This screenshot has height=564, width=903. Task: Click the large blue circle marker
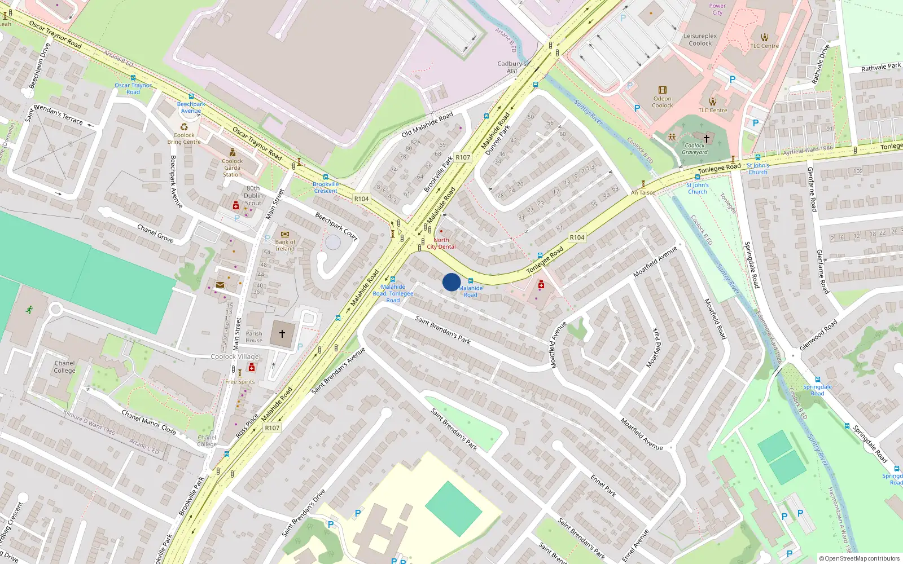[451, 282]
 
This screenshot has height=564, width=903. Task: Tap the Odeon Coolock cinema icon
[663, 90]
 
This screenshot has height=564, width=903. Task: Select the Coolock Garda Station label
[232, 168]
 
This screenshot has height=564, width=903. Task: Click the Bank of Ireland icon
[285, 234]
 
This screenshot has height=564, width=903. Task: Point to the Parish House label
[254, 337]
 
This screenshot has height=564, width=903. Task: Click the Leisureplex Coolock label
[700, 39]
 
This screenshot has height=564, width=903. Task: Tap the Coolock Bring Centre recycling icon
[184, 127]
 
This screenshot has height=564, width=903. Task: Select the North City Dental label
[441, 243]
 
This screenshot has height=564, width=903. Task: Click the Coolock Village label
[235, 356]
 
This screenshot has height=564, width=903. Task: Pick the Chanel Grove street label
[155, 233]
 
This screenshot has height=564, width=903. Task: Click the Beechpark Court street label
[336, 227]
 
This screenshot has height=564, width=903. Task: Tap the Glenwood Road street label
[818, 336]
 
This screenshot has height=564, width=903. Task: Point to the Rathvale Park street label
[881, 67]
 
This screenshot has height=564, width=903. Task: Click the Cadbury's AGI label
[511, 67]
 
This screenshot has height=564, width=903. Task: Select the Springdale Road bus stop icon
[817, 380]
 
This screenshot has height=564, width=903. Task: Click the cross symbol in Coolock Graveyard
[706, 138]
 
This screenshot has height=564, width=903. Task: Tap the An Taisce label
[643, 192]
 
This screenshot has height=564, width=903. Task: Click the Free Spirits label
[240, 382]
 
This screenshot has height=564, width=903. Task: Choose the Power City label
[717, 9]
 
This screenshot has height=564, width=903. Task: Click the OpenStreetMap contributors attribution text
[860, 558]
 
